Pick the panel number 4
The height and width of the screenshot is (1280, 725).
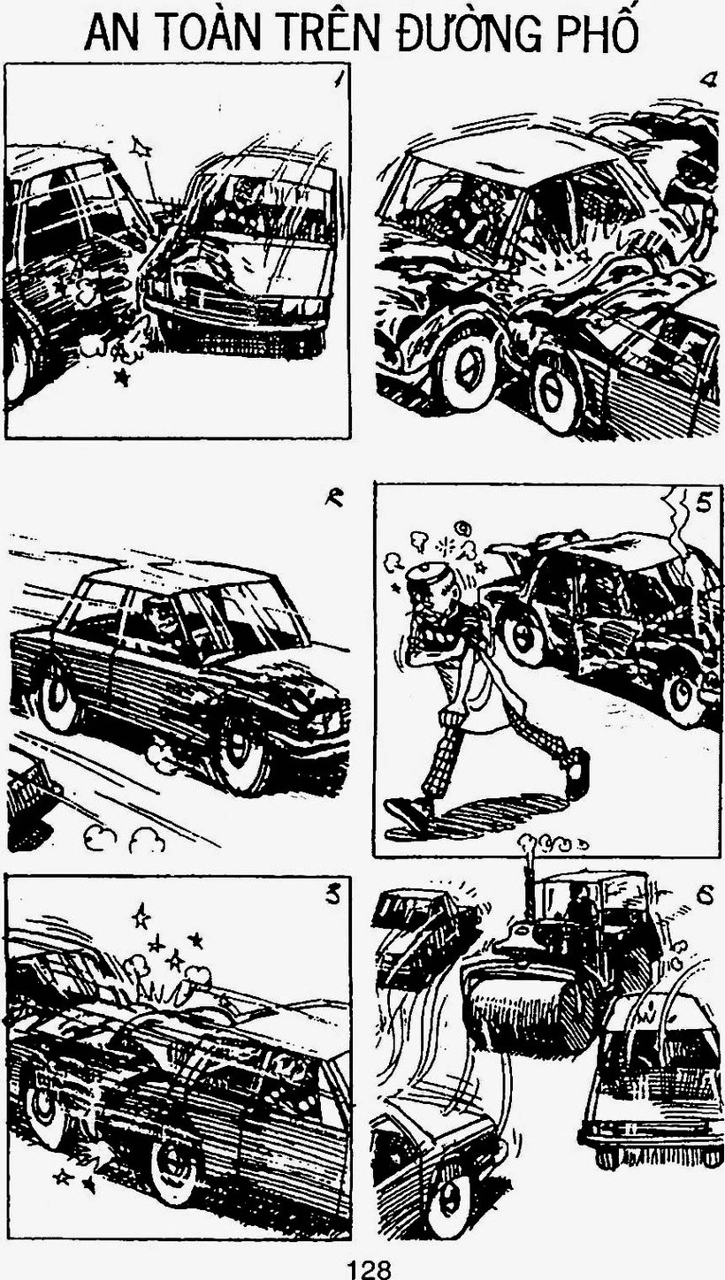click(708, 82)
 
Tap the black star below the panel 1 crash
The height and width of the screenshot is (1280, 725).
click(120, 377)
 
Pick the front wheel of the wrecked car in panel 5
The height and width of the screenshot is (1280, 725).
click(519, 636)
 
